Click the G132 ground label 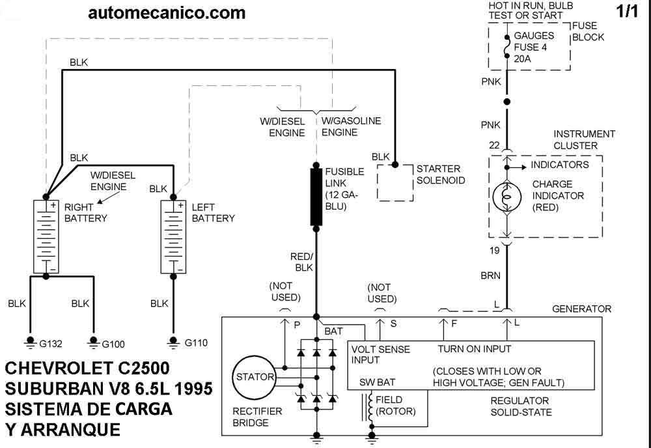pyautogui.click(x=51, y=344)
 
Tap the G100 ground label pyautogui.click(x=113, y=344)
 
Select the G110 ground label pyautogui.click(x=196, y=343)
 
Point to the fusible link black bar pyautogui.click(x=316, y=197)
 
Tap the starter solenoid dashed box pyautogui.click(x=395, y=183)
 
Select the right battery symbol pyautogui.click(x=46, y=236)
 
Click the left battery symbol pyautogui.click(x=173, y=236)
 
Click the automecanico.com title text pyautogui.click(x=167, y=13)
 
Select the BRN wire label pyautogui.click(x=490, y=275)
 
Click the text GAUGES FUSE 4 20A pyautogui.click(x=534, y=48)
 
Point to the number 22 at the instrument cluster pyautogui.click(x=494, y=145)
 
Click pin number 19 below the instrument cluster pyautogui.click(x=495, y=250)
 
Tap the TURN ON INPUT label pyautogui.click(x=475, y=349)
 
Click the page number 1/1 pyautogui.click(x=628, y=12)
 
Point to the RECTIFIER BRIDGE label pyautogui.click(x=257, y=417)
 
